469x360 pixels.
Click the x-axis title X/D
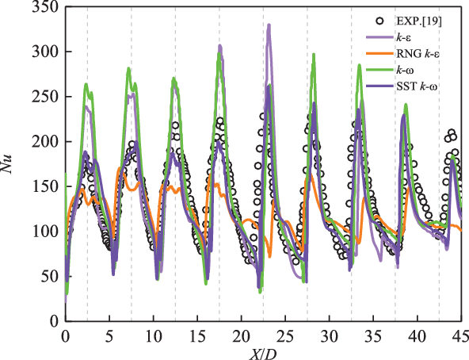[x=262, y=350]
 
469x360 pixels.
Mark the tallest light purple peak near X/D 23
[x=269, y=25]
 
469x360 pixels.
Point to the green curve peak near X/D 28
[x=314, y=55]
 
